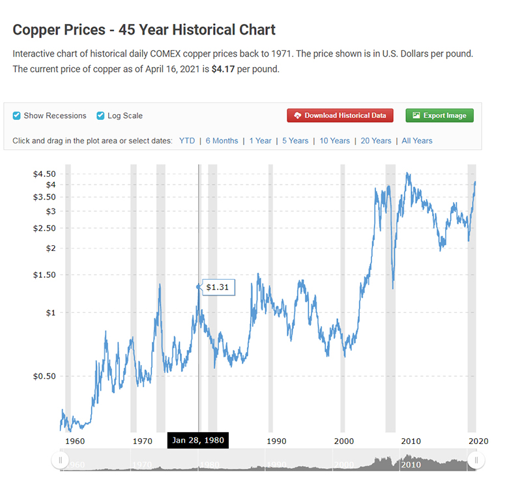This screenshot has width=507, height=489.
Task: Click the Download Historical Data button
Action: click(340, 115)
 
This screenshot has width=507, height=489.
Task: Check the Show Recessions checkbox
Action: click(17, 116)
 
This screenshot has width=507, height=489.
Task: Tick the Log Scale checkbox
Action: click(100, 116)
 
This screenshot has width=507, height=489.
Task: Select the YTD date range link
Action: click(187, 141)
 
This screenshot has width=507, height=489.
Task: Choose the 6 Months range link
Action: click(222, 141)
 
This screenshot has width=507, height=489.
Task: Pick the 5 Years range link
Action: click(295, 141)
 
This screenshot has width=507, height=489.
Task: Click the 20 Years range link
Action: click(376, 141)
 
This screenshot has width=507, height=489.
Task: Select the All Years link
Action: click(417, 141)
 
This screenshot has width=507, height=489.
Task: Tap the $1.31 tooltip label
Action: click(218, 287)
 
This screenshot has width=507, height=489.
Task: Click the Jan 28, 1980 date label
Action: click(197, 440)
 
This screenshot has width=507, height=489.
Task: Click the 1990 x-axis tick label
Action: click(276, 441)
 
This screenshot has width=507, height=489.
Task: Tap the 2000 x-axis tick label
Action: click(343, 441)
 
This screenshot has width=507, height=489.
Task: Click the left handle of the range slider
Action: click(60, 460)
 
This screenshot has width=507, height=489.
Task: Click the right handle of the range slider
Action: click(476, 460)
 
